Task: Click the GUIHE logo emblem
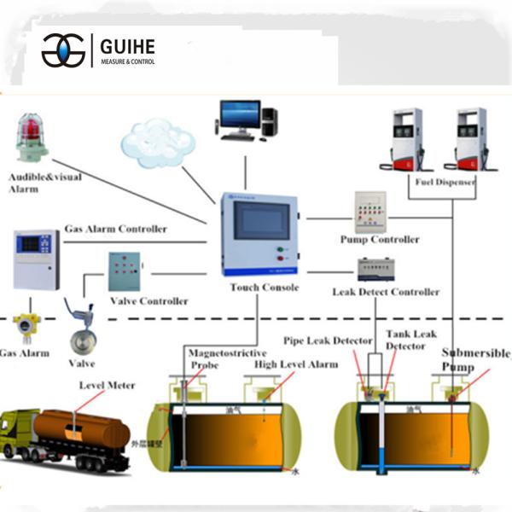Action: (63, 50)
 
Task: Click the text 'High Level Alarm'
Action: (296, 364)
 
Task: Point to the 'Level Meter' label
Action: (107, 385)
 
